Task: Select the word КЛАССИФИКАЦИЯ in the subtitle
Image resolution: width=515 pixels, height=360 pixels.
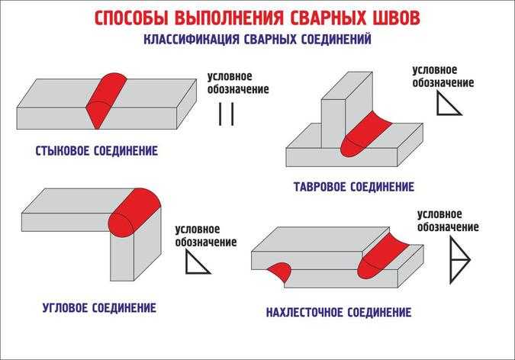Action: [x=192, y=39]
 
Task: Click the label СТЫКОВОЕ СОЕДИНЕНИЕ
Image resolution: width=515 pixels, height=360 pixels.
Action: [x=97, y=151]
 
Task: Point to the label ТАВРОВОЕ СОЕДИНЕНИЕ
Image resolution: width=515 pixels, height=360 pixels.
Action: [x=354, y=187]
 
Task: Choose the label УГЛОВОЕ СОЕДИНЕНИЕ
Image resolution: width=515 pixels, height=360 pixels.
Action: [x=99, y=308]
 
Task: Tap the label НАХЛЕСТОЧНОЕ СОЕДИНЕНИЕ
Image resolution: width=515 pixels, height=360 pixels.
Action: [x=339, y=312]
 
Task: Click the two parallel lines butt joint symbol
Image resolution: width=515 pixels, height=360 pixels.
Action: [x=227, y=114]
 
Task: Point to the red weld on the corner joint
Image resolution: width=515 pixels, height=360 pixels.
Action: [x=134, y=212]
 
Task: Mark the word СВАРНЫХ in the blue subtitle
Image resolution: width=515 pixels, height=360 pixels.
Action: [x=271, y=39]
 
